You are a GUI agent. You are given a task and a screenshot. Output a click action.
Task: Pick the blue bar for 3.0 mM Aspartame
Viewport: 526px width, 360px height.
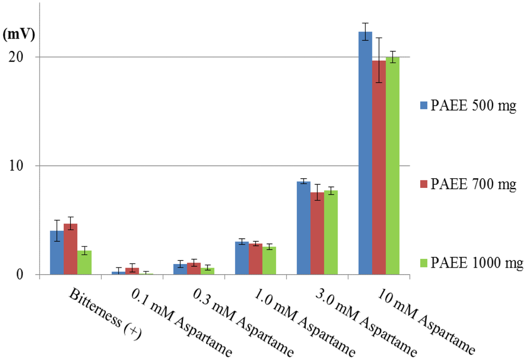click(x=304, y=228)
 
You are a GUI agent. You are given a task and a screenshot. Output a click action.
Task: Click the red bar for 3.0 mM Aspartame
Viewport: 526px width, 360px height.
click(x=317, y=234)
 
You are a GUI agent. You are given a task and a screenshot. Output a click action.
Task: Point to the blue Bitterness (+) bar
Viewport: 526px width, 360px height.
click(x=57, y=253)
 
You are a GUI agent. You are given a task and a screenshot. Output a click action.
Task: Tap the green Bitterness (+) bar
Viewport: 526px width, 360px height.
click(x=84, y=262)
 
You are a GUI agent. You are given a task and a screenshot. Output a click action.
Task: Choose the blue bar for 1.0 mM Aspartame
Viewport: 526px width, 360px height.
click(x=242, y=258)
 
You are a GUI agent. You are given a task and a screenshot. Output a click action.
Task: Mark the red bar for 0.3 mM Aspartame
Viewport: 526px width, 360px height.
click(x=194, y=269)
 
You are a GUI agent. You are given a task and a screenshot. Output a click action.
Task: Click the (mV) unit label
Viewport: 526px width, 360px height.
click(x=19, y=35)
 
